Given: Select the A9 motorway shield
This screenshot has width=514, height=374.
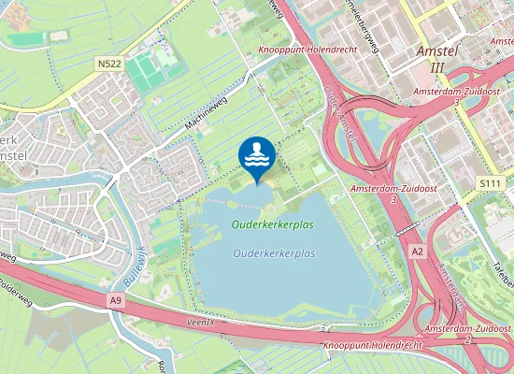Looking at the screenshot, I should [x=115, y=300].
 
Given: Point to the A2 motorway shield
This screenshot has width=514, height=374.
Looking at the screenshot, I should [x=419, y=251].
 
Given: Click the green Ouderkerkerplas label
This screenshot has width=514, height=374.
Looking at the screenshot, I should [x=274, y=225].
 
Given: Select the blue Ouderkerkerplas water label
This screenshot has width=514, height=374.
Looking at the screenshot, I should [x=274, y=253].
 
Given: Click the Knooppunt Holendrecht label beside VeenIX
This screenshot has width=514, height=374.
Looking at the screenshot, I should [x=372, y=344].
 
